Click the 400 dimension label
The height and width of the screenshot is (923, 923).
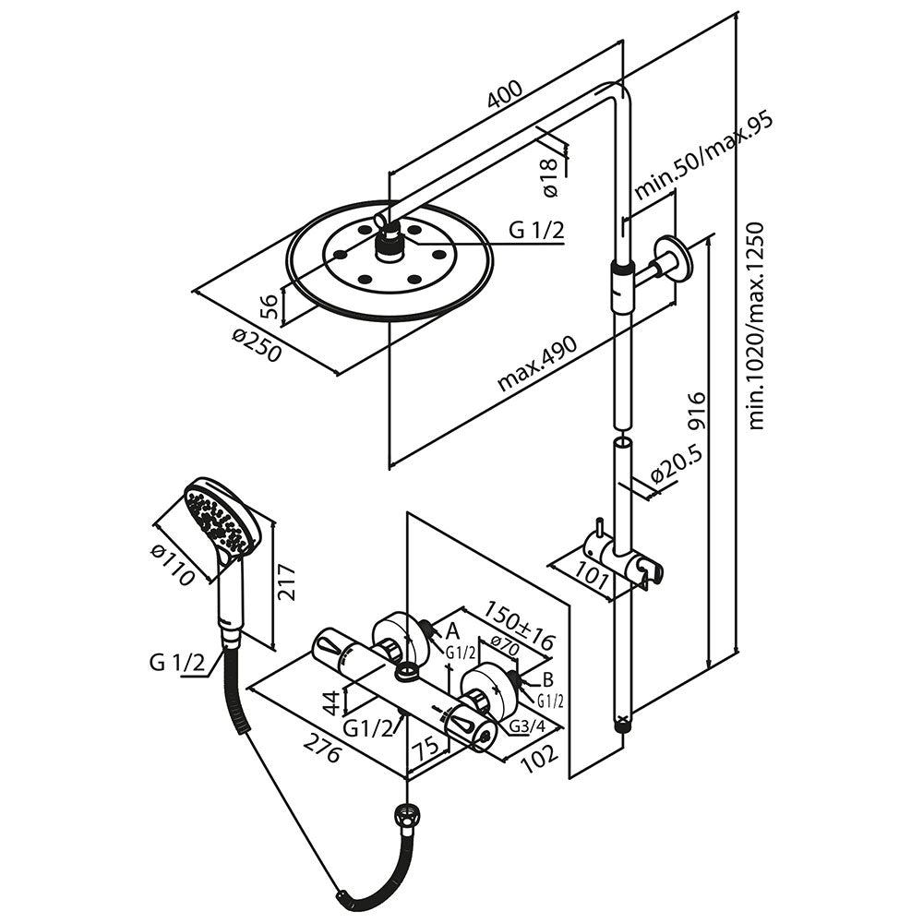505,95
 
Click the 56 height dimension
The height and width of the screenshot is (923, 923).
270,306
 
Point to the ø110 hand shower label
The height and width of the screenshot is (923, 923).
172,565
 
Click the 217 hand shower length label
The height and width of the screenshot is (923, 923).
287,582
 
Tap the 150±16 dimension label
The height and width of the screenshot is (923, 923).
519,625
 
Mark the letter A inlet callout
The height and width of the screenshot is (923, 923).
452,630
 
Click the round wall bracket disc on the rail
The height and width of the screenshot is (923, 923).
672,258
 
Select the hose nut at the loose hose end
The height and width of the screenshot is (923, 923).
407,819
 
